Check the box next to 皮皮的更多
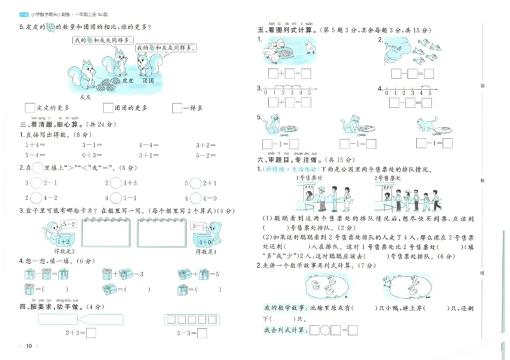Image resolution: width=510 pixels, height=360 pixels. [x=29, y=108]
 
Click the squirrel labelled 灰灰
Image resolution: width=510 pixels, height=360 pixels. [x=84, y=71]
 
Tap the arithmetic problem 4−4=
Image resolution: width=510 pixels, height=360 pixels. [x=150, y=145]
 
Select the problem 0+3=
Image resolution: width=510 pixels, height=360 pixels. [x=92, y=155]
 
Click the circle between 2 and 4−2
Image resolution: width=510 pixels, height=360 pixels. [x=36, y=198]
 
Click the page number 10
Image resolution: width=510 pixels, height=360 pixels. [x=29, y=346]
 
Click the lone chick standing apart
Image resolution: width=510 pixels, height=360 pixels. [x=310, y=48]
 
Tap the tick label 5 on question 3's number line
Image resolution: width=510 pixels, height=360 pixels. [x=309, y=93]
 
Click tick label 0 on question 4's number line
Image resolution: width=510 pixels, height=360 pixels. [x=389, y=93]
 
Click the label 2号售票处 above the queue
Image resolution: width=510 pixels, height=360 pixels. [x=390, y=178]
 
